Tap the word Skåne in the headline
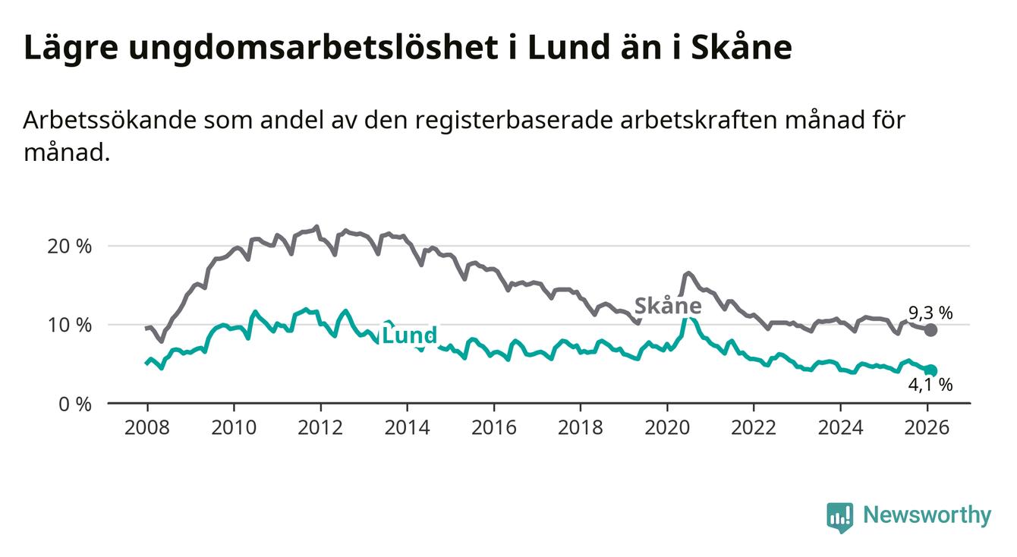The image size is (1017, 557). click(x=741, y=49)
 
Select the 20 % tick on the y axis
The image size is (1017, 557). click(x=69, y=247)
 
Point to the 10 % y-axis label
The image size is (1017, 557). click(x=69, y=325)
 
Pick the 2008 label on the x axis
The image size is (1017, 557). click(x=147, y=428)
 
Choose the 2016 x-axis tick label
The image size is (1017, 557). click(x=493, y=428)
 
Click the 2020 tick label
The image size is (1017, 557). click(x=666, y=428)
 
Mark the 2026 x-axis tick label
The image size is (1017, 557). click(x=927, y=428)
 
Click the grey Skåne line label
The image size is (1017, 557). click(x=667, y=307)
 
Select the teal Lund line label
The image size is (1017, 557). click(x=409, y=335)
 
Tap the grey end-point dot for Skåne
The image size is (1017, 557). click(x=930, y=330)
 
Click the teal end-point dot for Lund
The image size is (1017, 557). click(x=930, y=370)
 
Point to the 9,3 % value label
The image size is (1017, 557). click(x=930, y=312)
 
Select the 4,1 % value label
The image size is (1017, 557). click(x=930, y=385)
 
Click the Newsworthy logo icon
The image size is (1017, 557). click(x=839, y=517)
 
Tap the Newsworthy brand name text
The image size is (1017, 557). click(x=927, y=516)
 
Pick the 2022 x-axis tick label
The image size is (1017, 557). click(x=753, y=428)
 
